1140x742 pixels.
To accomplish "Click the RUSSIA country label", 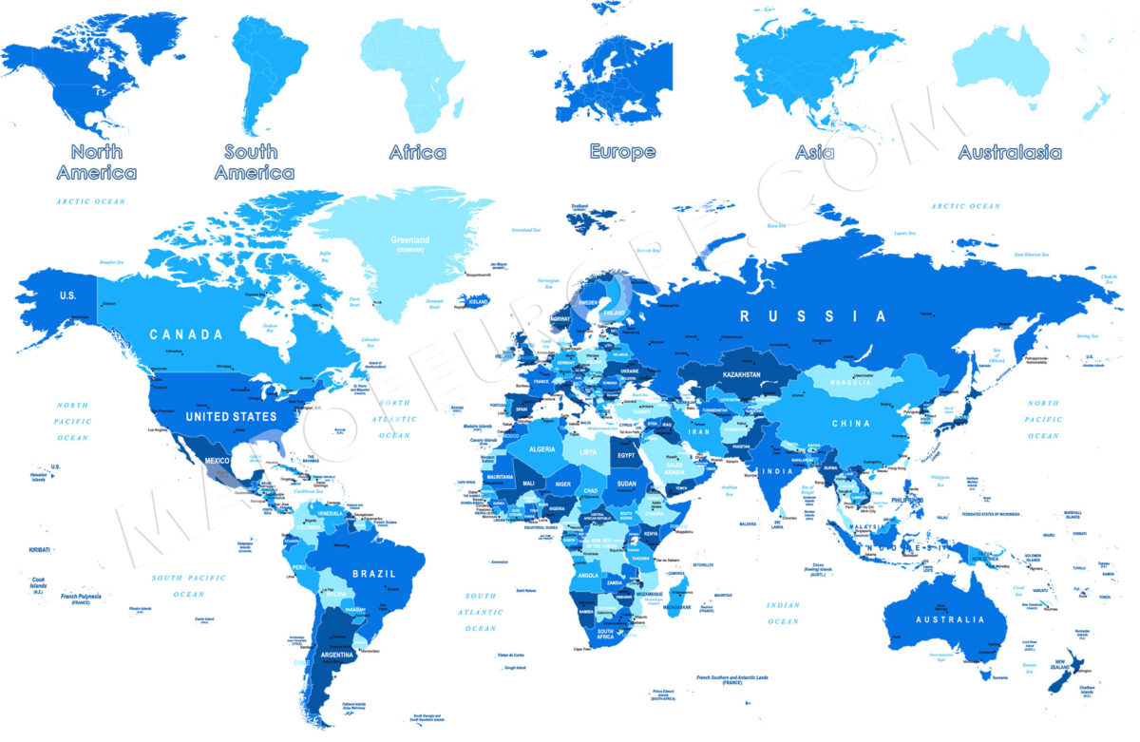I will coord(814,316).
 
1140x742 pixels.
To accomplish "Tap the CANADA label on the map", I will coord(186,334).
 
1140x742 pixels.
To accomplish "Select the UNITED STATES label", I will coord(231,416).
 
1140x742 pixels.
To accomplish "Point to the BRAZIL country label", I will coord(372,574).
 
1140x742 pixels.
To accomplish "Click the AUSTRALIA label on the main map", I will coord(949,619).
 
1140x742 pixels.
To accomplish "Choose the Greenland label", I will coord(410,240).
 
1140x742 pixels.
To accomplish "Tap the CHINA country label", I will coord(851,423).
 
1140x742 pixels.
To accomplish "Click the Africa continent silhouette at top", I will coord(416,76).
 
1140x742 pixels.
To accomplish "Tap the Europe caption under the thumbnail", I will coord(622,151).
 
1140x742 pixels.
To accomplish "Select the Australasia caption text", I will coord(1009,152).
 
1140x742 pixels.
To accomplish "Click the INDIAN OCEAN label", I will coord(784,613).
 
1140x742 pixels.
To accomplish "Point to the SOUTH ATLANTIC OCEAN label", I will coord(482,612).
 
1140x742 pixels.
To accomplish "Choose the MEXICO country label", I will coord(217,461).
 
